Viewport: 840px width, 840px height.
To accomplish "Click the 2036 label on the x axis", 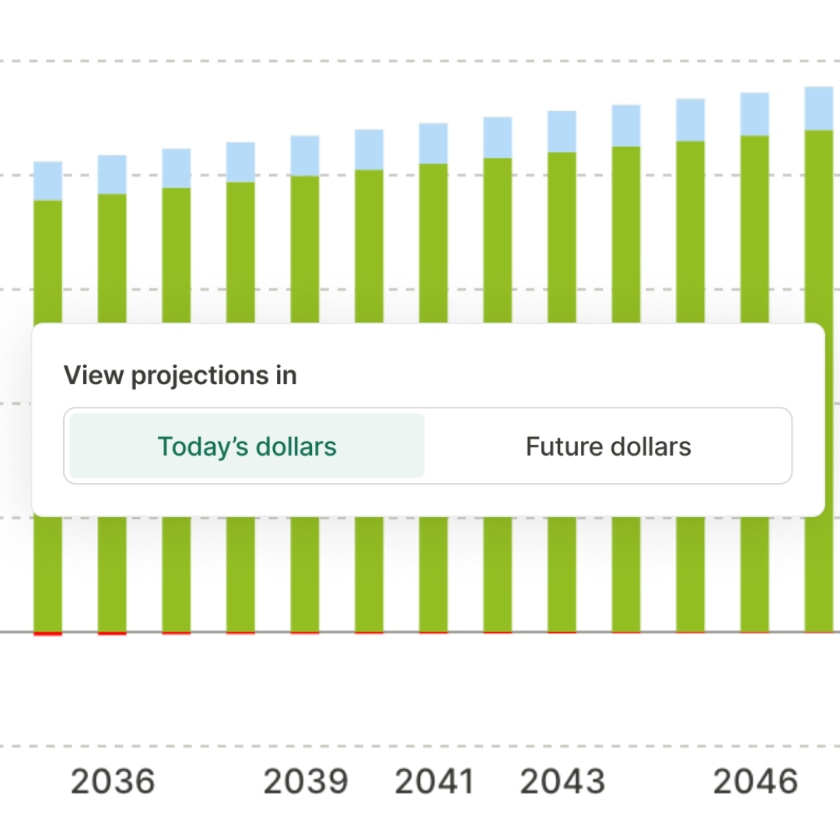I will tap(113, 781).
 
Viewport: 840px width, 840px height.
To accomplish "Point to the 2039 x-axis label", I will tap(306, 781).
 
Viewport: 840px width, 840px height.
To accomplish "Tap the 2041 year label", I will tap(434, 781).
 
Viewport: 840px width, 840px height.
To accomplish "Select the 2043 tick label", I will tap(562, 781).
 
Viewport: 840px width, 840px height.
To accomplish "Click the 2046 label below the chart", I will tap(755, 781).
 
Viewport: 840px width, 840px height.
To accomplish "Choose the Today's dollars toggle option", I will tap(247, 446).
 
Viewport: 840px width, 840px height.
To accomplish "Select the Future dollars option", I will tap(608, 446).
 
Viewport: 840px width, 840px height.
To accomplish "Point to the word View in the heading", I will tap(93, 376).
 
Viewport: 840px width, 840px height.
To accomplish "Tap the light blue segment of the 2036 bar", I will tap(112, 174).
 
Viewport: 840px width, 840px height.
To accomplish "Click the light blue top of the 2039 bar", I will tap(305, 156).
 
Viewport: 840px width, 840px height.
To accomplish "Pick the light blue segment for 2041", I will tap(433, 143).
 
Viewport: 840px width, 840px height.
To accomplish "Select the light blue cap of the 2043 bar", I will tap(562, 131).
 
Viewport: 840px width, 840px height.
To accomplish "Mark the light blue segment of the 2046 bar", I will tap(754, 114).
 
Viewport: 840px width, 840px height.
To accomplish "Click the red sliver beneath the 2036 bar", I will tap(112, 634).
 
